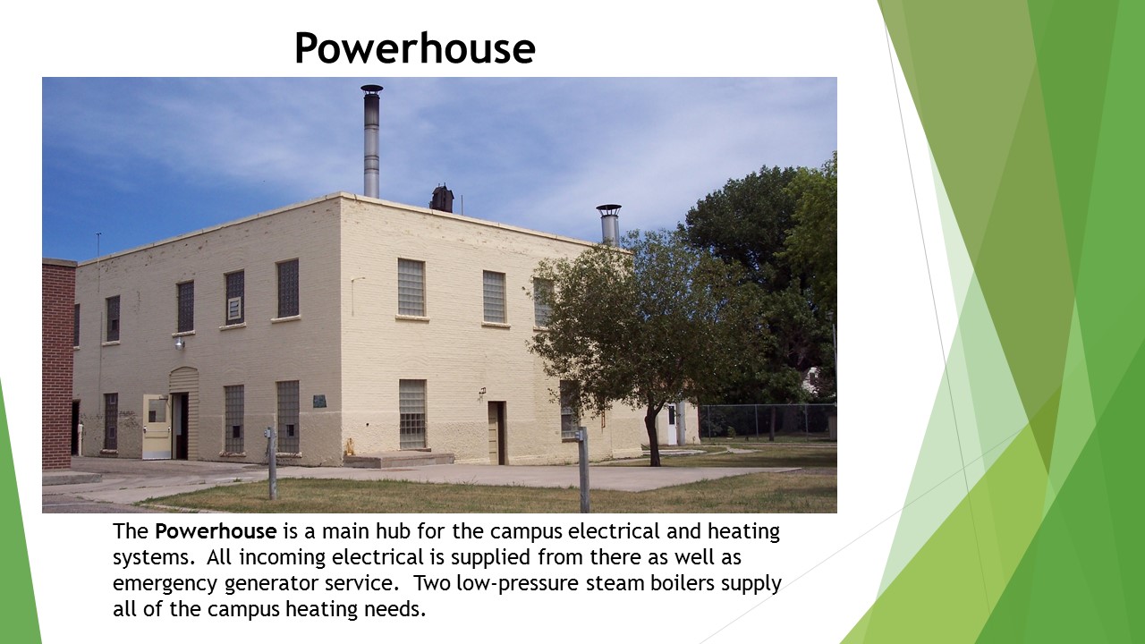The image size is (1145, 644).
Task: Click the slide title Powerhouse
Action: point(414,48)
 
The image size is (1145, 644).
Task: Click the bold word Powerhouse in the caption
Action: point(216,531)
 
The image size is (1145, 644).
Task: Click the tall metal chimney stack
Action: point(371,141)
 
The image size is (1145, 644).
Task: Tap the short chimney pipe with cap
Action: point(609,224)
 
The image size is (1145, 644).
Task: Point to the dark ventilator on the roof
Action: point(441,199)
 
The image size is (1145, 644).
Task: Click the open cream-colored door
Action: point(157,427)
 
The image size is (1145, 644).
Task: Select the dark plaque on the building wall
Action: point(319,401)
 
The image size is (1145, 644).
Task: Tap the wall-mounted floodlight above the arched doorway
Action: point(180,341)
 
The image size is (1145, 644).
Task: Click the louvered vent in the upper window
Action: point(234,309)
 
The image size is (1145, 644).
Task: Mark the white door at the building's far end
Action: point(671,424)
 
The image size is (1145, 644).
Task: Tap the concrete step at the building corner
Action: point(398,460)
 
